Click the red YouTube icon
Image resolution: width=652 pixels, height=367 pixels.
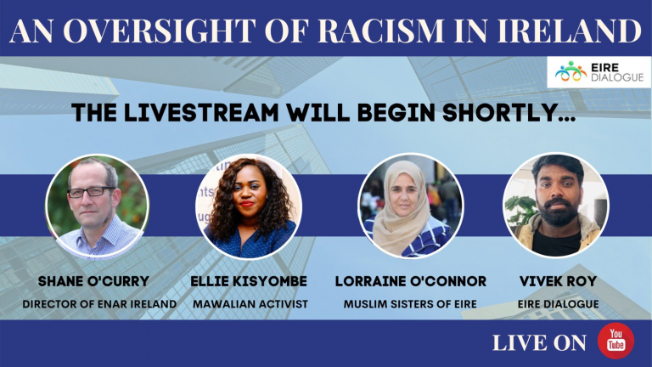(615, 342)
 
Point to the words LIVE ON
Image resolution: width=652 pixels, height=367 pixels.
(539, 342)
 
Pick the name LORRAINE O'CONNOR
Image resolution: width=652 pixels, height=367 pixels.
(410, 280)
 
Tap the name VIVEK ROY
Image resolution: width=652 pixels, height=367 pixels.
(556, 280)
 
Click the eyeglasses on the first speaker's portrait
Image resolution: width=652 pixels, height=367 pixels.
(90, 192)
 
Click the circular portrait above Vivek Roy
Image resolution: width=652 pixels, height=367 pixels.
(556, 206)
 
